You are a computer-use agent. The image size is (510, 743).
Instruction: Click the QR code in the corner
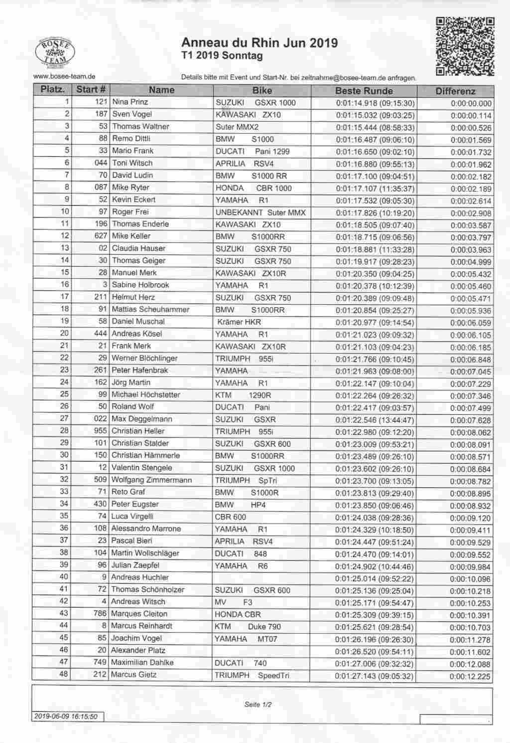click(x=465, y=47)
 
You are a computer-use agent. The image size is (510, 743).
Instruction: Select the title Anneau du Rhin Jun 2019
click(x=259, y=43)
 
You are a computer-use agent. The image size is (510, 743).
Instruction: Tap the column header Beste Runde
click(x=364, y=91)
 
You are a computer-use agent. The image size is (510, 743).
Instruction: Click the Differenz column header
click(x=455, y=91)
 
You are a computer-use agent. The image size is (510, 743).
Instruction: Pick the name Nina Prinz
click(x=130, y=102)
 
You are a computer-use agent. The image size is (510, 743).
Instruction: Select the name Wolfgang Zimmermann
click(x=151, y=480)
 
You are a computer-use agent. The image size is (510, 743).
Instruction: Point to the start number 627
click(x=101, y=236)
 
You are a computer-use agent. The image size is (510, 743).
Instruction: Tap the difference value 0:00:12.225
click(x=470, y=677)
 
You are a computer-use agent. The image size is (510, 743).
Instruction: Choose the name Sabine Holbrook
click(x=140, y=285)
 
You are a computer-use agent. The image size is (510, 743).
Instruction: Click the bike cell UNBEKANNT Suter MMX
click(x=260, y=212)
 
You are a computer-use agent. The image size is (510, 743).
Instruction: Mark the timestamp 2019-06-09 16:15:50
click(x=65, y=716)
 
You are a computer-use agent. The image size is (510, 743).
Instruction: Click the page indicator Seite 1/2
click(x=258, y=705)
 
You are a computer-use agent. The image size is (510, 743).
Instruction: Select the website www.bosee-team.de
click(x=64, y=76)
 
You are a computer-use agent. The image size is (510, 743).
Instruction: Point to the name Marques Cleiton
click(x=139, y=614)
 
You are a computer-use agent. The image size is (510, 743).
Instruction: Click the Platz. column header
click(x=52, y=90)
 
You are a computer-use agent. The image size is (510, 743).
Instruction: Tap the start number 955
click(x=100, y=431)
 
